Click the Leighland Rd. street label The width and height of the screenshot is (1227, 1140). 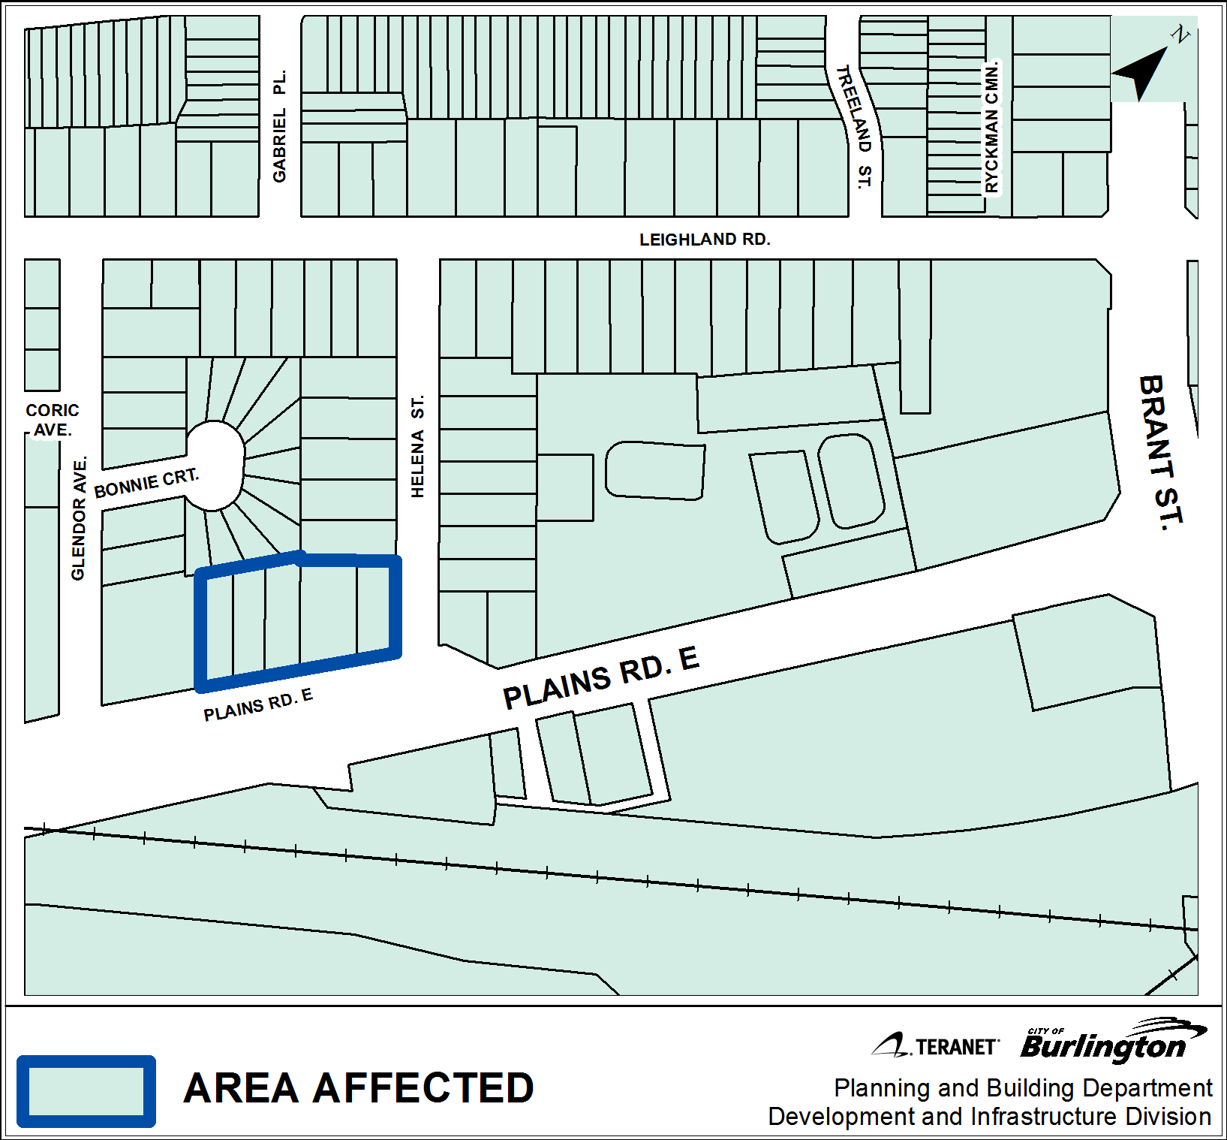click(704, 240)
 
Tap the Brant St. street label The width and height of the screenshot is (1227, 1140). click(1160, 453)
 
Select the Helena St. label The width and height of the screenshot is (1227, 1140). click(418, 446)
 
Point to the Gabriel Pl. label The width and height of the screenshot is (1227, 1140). click(280, 126)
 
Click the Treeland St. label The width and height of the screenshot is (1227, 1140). click(855, 127)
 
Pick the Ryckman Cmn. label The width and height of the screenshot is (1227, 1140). click(992, 127)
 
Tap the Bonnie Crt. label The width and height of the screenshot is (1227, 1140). click(146, 483)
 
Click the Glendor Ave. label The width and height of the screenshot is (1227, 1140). click(79, 518)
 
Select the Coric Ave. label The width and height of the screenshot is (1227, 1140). click(52, 420)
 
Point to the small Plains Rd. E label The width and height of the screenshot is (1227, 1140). click(258, 704)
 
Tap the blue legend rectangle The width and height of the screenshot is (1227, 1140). click(86, 1091)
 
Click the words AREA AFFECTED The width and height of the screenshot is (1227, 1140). click(358, 1088)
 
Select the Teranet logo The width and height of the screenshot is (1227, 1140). click(936, 1045)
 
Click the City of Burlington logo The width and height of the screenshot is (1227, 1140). click(1111, 1041)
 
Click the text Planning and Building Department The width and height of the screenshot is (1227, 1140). click(1023, 1087)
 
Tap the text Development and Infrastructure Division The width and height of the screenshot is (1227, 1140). click(989, 1117)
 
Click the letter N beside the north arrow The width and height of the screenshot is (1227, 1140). click(1180, 34)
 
